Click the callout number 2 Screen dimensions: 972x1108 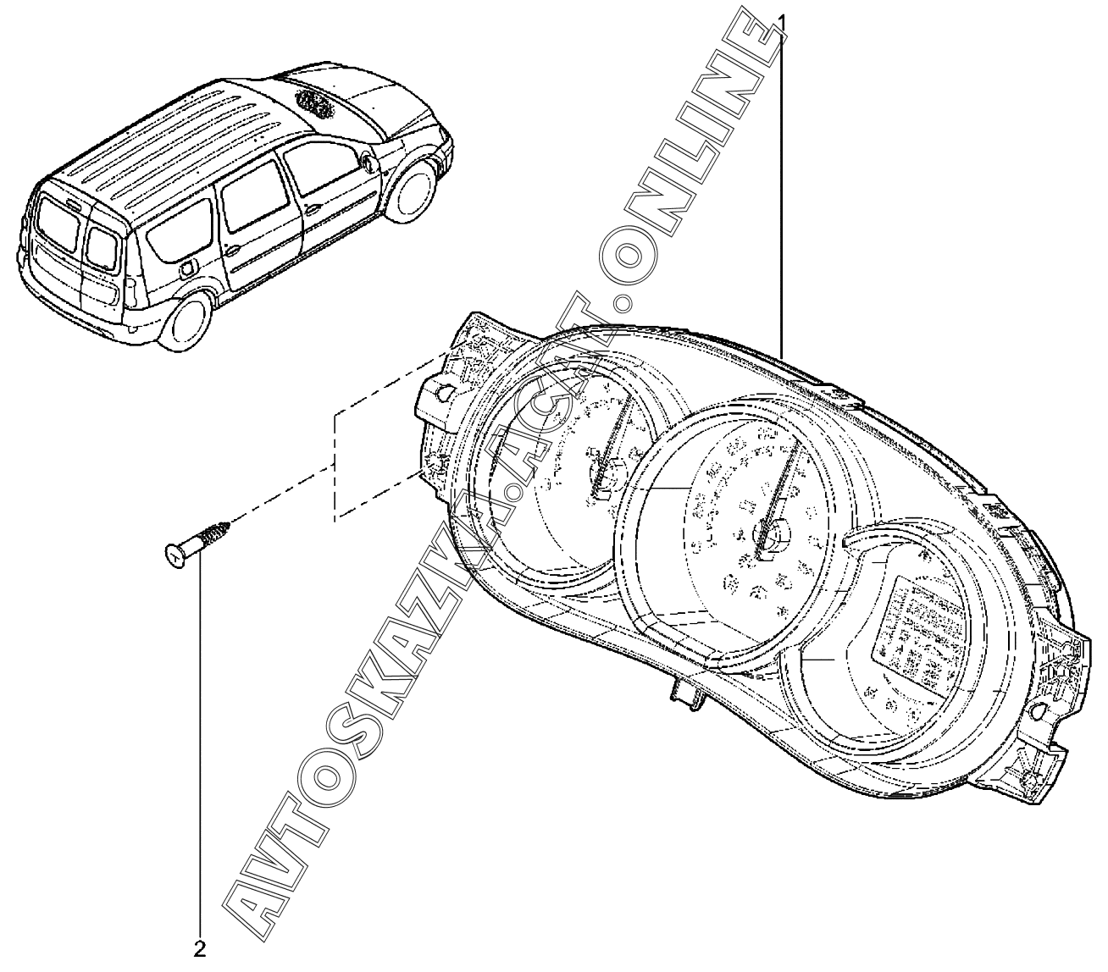coord(200,948)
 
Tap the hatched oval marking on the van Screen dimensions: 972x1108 coord(314,100)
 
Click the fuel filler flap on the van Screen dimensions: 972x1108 coord(188,268)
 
